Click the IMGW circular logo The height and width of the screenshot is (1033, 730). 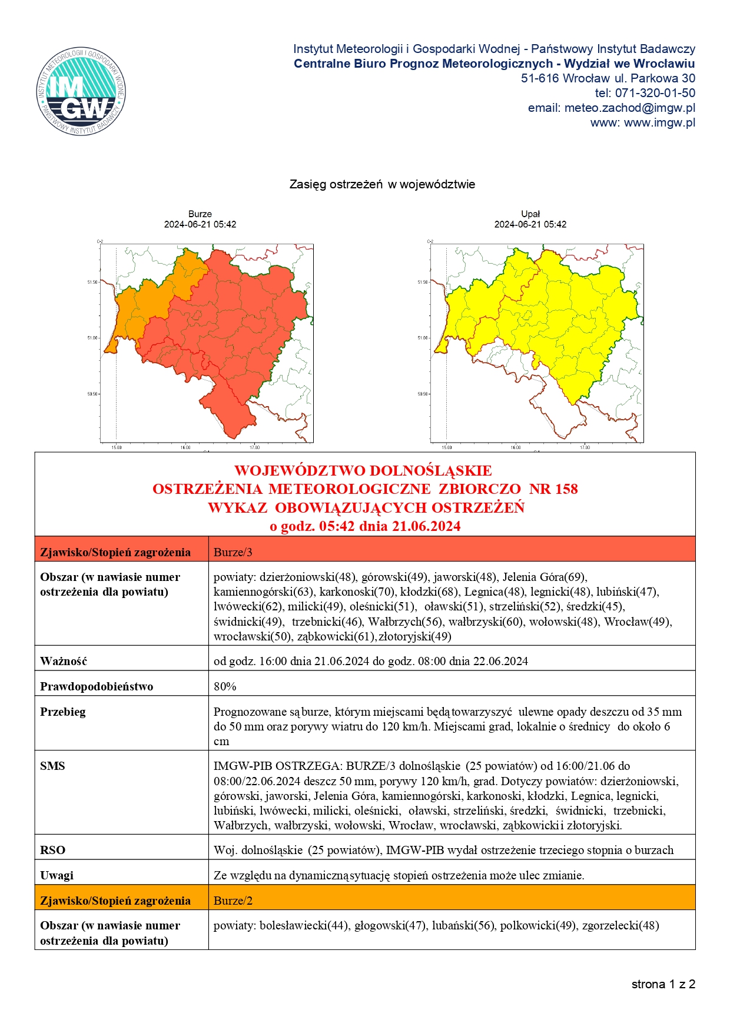click(81, 91)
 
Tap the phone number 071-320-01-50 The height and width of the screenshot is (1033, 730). click(655, 93)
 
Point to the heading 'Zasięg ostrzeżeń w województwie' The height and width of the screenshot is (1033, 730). click(382, 184)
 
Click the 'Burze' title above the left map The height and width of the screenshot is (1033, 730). click(200, 214)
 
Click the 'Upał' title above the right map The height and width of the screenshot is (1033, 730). click(530, 214)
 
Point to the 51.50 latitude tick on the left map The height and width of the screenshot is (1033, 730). click(93, 282)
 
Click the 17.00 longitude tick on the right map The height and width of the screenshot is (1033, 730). click(584, 448)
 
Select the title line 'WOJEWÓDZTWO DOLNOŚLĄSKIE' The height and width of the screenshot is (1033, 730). click(363, 471)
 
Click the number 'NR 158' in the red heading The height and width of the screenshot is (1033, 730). click(553, 489)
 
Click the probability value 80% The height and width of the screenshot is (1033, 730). click(225, 686)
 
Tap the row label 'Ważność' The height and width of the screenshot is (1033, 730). click(64, 661)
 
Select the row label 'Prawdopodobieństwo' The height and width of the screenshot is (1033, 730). click(97, 686)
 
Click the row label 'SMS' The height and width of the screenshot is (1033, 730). click(52, 766)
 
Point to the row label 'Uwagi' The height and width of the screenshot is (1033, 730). click(57, 875)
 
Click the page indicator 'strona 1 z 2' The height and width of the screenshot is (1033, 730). click(663, 984)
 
